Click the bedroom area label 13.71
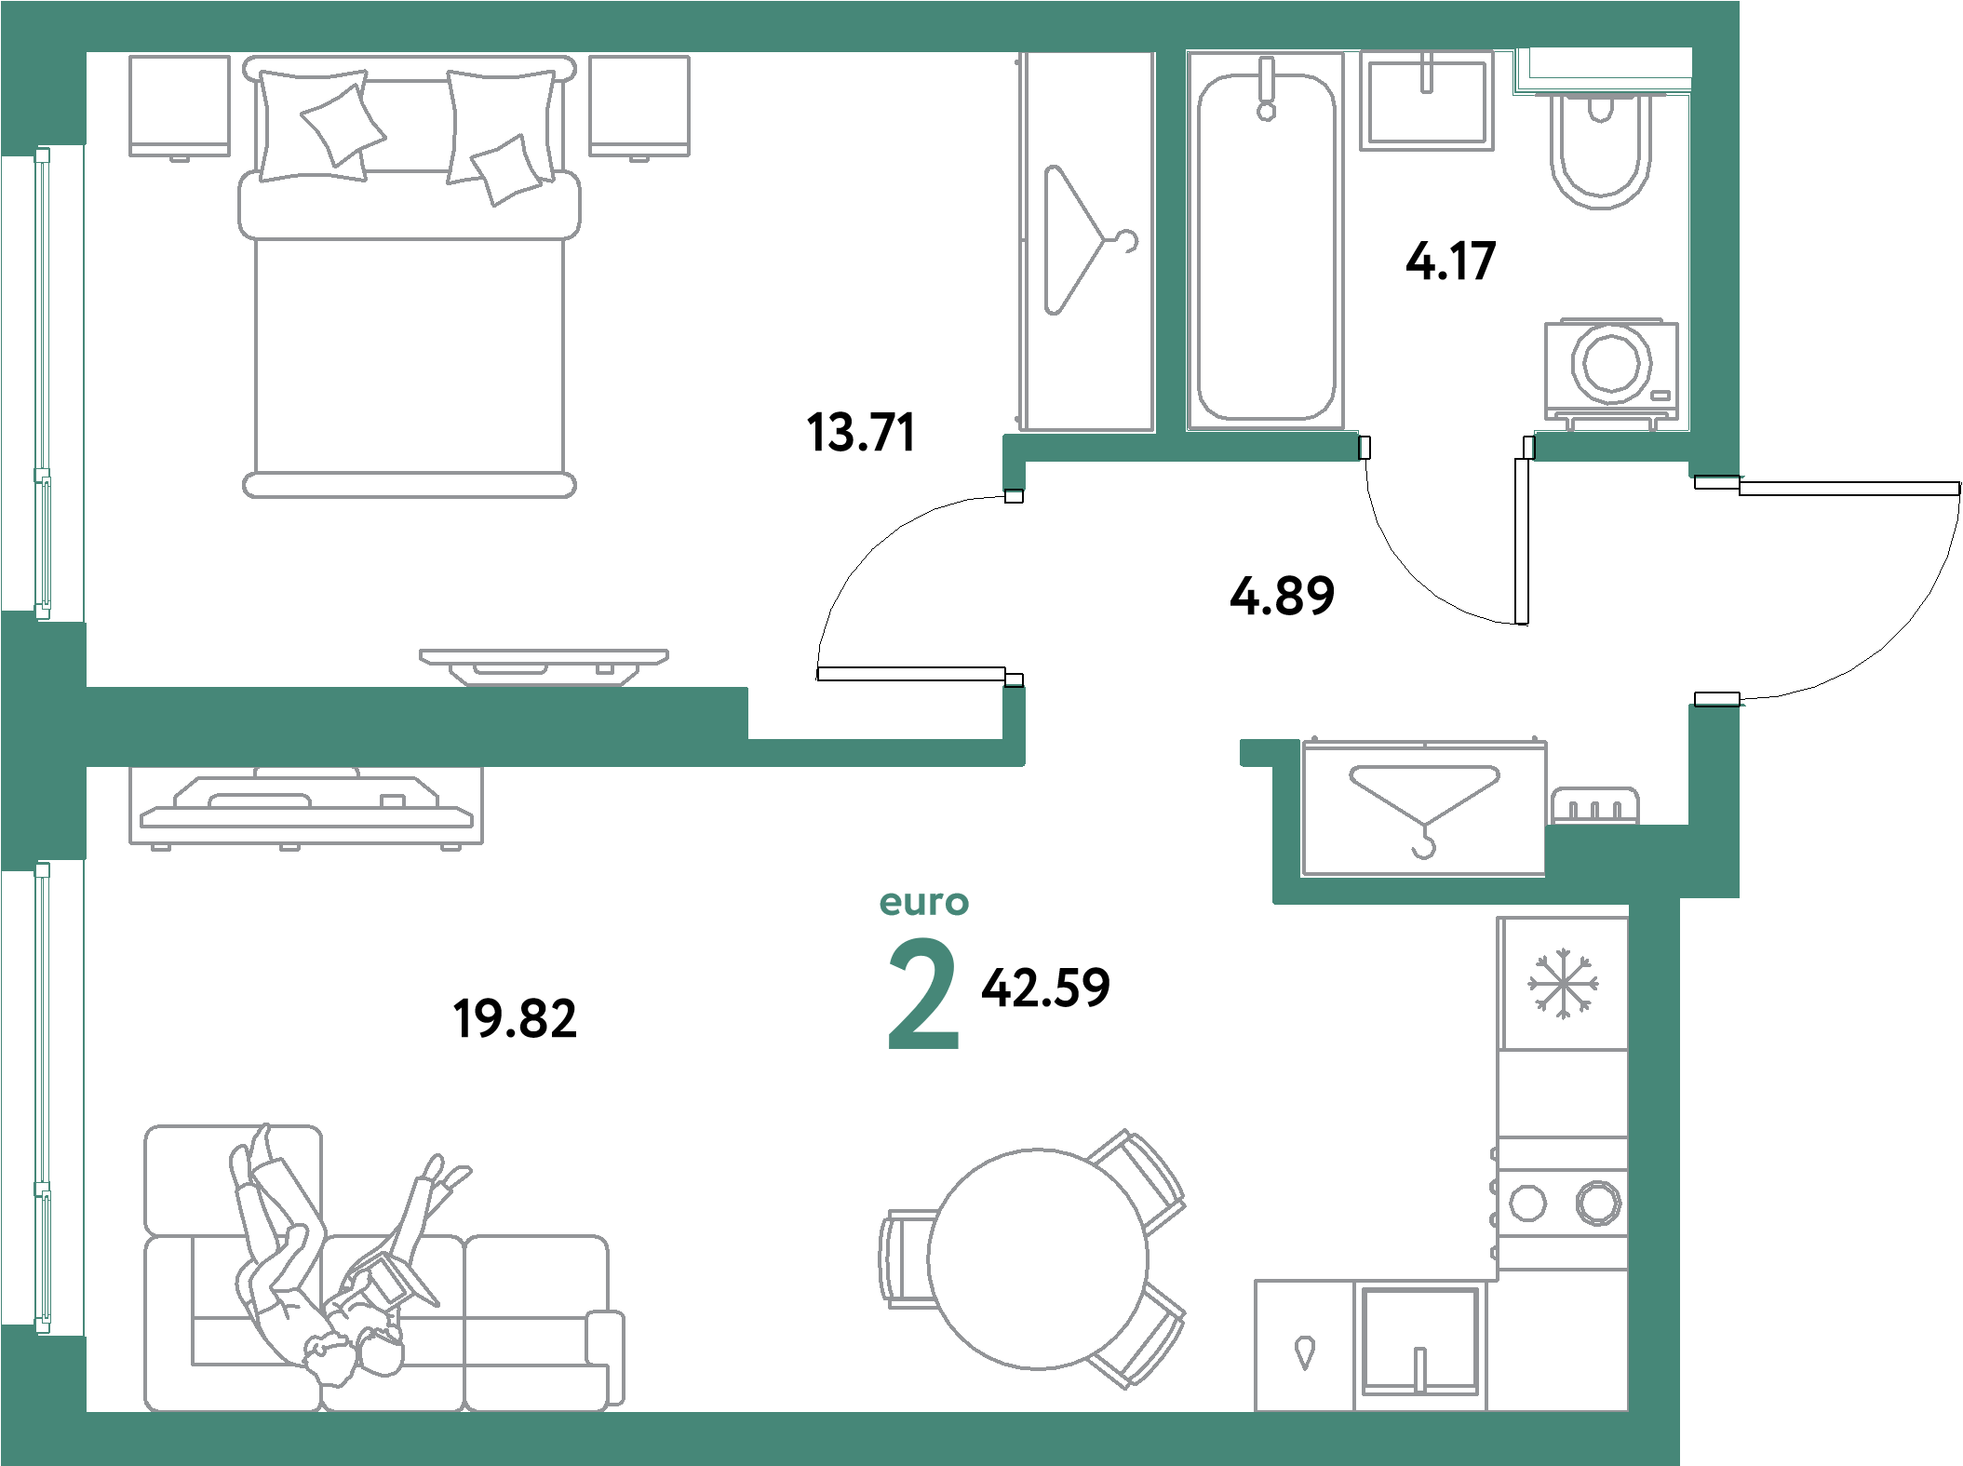(x=861, y=433)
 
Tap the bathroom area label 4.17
(x=1450, y=262)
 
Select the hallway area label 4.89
(x=1282, y=596)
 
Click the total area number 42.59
(x=1045, y=987)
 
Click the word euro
(x=923, y=902)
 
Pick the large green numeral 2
(x=922, y=994)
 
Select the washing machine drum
(x=1610, y=364)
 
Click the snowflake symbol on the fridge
(x=1563, y=983)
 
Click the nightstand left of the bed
(x=180, y=105)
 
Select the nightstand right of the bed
(x=639, y=105)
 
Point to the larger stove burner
(x=1598, y=1202)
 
